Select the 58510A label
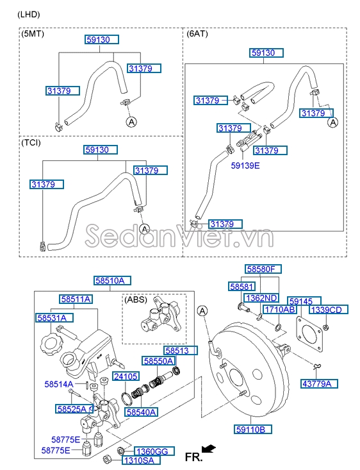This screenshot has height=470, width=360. coord(113,280)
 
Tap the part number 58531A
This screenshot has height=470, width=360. coord(54,317)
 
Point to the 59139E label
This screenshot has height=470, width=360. coord(245,165)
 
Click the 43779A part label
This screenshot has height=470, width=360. coord(319,383)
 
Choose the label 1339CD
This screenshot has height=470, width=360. coord(329,310)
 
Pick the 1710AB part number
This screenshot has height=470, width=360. coord(280,310)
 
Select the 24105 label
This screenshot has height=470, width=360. coord(126,376)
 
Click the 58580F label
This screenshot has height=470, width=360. coord(265,269)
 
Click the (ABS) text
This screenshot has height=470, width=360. coord(135,299)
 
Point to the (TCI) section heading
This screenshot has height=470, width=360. coord(32,143)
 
